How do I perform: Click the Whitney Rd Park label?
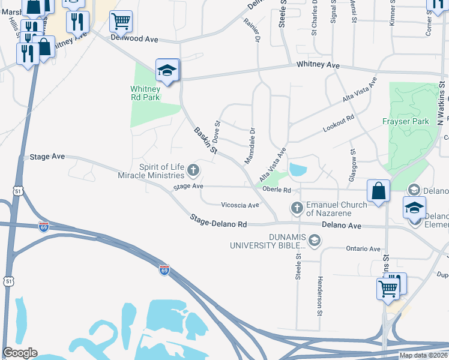pyautogui.click(x=145, y=92)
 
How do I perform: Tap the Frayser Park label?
pyautogui.click(x=406, y=121)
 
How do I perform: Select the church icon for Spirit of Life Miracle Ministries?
pyautogui.click(x=193, y=170)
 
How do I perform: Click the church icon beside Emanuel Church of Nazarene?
pyautogui.click(x=296, y=209)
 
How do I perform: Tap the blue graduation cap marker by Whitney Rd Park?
pyautogui.click(x=167, y=70)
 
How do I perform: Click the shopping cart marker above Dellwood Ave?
pyautogui.click(x=121, y=22)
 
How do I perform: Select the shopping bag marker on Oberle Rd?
pyautogui.click(x=379, y=191)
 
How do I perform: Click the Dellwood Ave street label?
pyautogui.click(x=134, y=38)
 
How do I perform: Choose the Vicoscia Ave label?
pyautogui.click(x=240, y=205)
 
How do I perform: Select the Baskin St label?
pyautogui.click(x=205, y=140)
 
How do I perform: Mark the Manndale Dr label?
pyautogui.click(x=250, y=146)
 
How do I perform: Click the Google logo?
pyautogui.click(x=20, y=353)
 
